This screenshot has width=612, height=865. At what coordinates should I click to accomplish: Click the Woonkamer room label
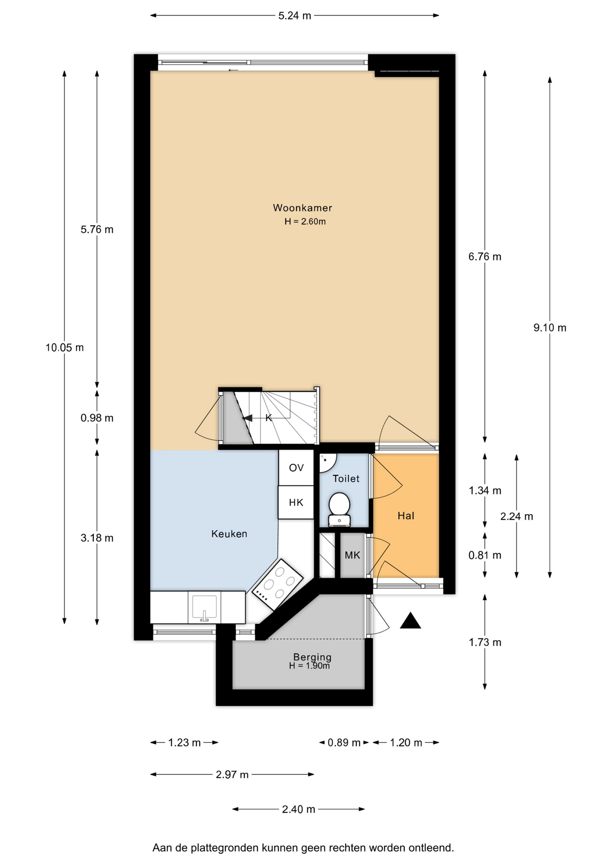[x=302, y=208]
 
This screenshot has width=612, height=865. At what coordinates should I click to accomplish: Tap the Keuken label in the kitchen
[x=229, y=534]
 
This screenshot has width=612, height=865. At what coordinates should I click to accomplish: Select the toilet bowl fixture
[x=339, y=509]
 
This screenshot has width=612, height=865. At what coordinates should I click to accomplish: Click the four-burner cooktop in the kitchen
[x=278, y=585]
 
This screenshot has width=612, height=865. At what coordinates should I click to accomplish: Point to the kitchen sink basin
[x=205, y=607]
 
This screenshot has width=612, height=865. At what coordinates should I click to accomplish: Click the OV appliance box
[x=296, y=468]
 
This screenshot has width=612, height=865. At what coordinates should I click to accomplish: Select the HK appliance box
[x=296, y=502]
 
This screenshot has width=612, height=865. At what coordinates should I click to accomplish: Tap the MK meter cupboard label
[x=352, y=555]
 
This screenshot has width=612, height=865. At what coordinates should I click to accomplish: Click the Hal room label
[x=406, y=516]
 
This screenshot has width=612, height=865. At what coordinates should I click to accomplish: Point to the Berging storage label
[x=312, y=657]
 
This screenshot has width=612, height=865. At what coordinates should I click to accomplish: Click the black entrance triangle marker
[x=410, y=621]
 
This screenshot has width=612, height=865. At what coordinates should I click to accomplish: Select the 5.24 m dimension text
[x=295, y=16]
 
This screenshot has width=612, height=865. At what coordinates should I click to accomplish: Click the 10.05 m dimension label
[x=64, y=347]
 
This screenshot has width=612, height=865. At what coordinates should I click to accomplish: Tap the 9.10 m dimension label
[x=550, y=328]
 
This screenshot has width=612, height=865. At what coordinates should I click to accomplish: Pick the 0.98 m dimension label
[x=97, y=418]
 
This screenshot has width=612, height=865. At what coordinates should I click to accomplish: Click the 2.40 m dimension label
[x=298, y=810]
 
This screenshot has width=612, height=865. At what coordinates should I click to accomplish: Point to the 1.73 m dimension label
[x=485, y=642]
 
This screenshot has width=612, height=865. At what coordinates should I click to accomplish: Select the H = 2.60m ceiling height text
[x=305, y=222]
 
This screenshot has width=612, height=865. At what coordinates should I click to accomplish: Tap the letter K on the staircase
[x=269, y=418]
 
